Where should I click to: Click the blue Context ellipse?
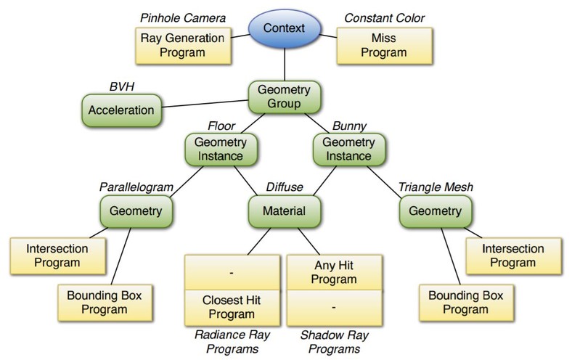[285, 28]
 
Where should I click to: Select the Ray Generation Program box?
[183, 46]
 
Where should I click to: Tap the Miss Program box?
[385, 46]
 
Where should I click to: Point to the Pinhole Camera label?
[183, 18]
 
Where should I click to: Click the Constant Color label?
[384, 18]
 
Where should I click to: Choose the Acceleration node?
[121, 110]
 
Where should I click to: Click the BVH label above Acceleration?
[122, 86]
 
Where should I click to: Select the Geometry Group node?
[285, 97]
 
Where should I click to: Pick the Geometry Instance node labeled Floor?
[221, 150]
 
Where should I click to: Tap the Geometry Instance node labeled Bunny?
[349, 150]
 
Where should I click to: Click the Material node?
[285, 211]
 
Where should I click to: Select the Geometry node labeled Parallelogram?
[136, 211]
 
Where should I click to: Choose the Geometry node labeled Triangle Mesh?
[436, 211]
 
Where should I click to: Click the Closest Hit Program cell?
[232, 308]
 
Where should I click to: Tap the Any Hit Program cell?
[334, 272]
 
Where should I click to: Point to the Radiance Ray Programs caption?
[232, 342]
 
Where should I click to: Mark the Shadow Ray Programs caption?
[334, 342]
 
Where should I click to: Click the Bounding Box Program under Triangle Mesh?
[466, 303]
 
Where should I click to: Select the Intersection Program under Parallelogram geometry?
[57, 256]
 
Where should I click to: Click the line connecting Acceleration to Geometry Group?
[205, 104]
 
